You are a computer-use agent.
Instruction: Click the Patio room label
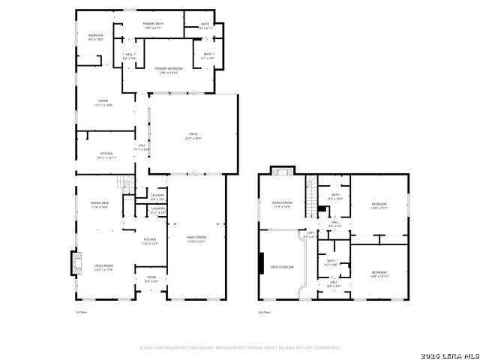point(193,136)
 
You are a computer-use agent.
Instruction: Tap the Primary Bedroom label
point(169,70)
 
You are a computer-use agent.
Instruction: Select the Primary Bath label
point(154,26)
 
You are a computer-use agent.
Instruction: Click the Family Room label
point(196,239)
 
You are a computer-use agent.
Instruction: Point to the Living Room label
point(103,267)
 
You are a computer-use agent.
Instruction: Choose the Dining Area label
point(100,204)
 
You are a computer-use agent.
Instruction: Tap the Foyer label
point(151,279)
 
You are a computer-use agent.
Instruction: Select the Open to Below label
point(282,267)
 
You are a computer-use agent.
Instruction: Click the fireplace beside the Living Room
point(74,262)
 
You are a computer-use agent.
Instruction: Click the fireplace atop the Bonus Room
point(282,171)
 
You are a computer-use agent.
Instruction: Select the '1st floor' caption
point(82,311)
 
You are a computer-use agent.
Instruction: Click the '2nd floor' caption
point(265,311)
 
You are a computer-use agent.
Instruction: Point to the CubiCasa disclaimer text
point(240,347)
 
